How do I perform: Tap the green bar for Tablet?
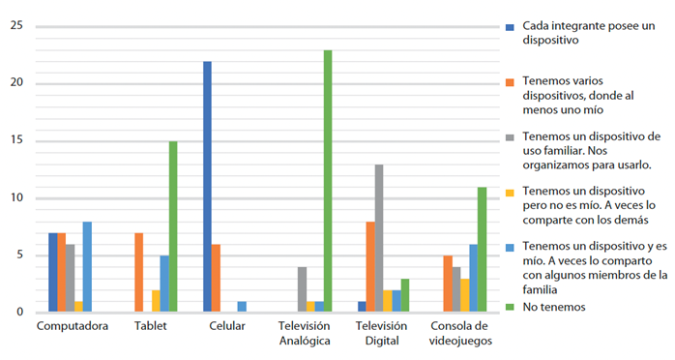pos(173,226)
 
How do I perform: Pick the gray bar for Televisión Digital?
pos(379,238)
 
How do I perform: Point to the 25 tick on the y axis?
pos(15,26)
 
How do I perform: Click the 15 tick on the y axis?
pos(15,141)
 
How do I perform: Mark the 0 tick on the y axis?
pos(18,312)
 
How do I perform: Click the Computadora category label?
pos(72,326)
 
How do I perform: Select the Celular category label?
pos(226,326)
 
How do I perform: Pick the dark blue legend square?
pos(509,27)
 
